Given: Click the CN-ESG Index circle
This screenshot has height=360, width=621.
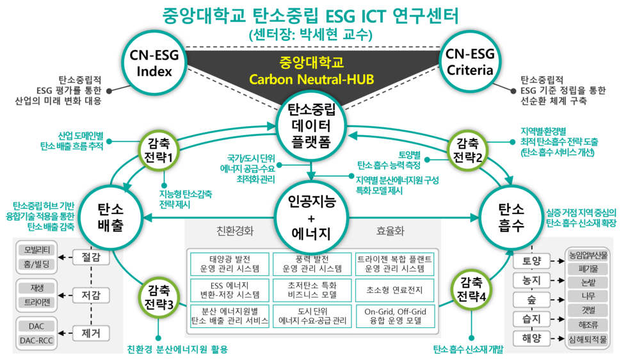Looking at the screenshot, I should point(154,63).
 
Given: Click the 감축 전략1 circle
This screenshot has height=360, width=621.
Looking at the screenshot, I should point(157,151).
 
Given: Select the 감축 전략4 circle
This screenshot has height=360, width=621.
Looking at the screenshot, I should point(471,289).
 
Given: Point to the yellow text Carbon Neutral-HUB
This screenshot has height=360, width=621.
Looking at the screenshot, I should point(311,80).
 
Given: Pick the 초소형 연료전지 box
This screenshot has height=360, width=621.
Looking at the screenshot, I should point(394,290).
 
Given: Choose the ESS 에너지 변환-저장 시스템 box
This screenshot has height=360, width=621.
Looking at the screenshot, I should point(229,290).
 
